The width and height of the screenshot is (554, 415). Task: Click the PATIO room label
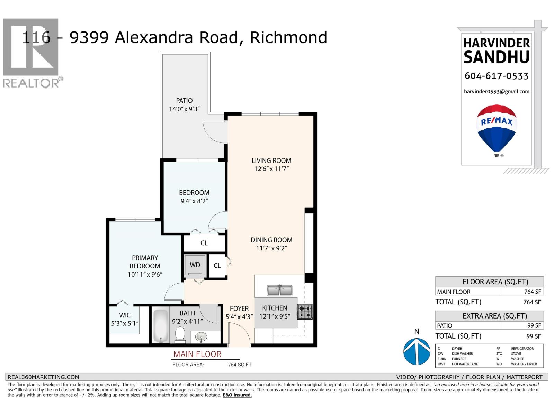point(184,101)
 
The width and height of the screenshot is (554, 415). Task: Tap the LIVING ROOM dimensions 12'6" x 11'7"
point(271,169)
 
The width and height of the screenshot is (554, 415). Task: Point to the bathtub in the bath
point(160,325)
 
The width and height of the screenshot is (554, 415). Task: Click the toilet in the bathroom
point(180,334)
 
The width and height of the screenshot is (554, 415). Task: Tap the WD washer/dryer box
point(195,265)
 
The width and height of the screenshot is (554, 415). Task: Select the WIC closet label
point(125,315)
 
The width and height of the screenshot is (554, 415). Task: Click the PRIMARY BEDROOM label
point(145,262)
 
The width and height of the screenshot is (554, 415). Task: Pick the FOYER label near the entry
point(239,308)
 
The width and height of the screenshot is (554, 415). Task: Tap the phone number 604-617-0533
point(497,76)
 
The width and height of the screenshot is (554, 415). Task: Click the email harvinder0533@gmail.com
point(497,92)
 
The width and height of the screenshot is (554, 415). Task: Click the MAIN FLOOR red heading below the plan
point(197,354)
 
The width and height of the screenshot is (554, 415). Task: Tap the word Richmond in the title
point(288,37)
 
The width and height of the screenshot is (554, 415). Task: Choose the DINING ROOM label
point(271,240)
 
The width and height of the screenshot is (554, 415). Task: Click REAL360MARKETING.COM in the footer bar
point(43,377)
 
